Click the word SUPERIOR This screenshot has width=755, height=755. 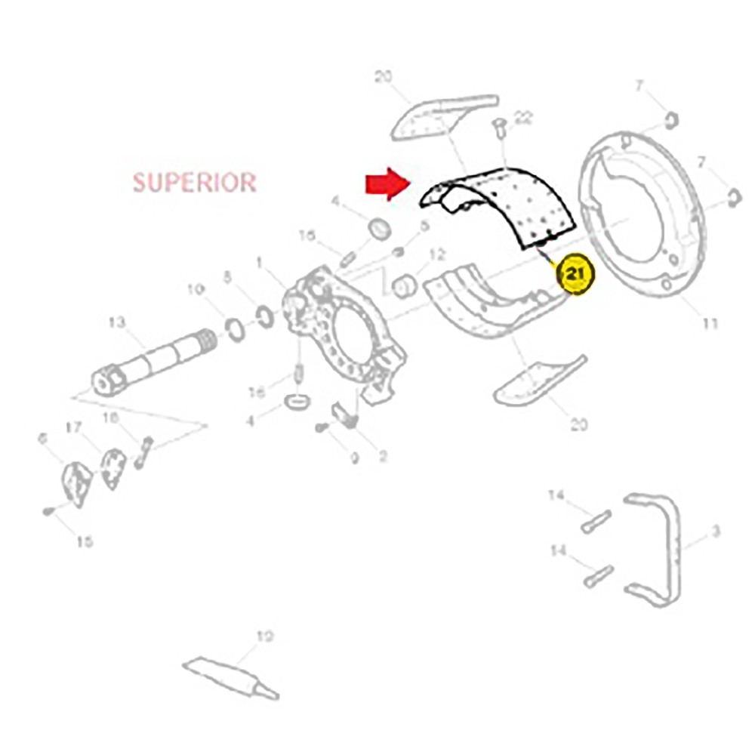[195, 182]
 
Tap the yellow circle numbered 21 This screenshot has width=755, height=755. [576, 276]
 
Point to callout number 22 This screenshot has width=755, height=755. [523, 118]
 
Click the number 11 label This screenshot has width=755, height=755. [709, 324]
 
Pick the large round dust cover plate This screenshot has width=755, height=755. [642, 215]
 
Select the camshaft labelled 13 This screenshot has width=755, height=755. [151, 362]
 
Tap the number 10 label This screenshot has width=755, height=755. [196, 289]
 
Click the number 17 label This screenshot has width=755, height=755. [73, 428]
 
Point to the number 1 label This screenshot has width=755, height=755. [260, 263]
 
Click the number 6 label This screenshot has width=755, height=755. [42, 439]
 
